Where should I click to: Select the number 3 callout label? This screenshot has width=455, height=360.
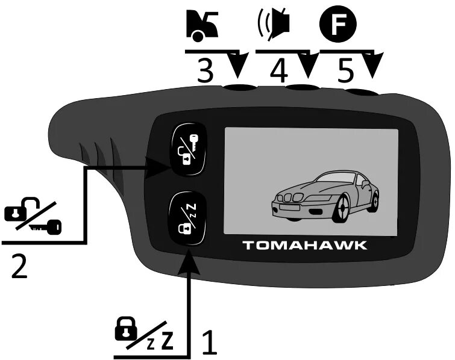[206, 72]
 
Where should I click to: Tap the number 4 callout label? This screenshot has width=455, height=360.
[278, 72]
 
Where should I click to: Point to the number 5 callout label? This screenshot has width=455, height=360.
[345, 72]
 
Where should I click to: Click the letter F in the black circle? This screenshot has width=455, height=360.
[338, 23]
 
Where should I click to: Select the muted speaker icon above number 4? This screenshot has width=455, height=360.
[275, 23]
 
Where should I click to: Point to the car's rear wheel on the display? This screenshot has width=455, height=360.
[375, 197]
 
